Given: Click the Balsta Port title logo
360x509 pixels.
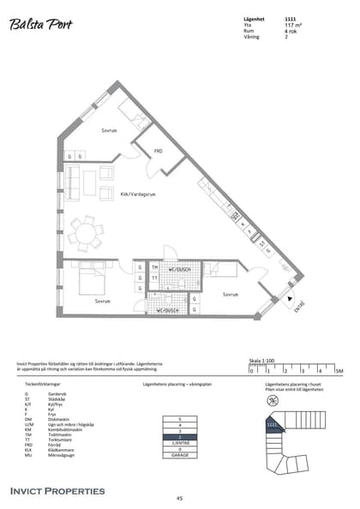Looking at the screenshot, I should [42, 26].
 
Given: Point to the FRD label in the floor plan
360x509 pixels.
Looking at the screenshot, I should [159, 151].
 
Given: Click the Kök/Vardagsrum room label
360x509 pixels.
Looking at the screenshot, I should [137, 195].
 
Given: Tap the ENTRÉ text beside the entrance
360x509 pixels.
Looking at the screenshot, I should [298, 307].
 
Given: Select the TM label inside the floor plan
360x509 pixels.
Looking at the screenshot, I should [154, 266].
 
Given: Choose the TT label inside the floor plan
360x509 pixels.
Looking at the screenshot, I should [154, 278].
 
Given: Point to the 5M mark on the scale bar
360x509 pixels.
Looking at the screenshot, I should [339, 371].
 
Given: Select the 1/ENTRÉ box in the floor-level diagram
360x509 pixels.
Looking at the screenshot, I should [180, 442].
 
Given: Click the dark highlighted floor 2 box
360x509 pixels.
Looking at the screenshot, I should [180, 436].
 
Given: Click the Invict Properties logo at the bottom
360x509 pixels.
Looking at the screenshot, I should [57, 491].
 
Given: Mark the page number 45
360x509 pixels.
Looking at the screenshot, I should [179, 498].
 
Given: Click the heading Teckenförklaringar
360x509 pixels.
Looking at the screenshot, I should [43, 385].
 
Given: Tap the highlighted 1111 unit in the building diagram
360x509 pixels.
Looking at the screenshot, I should [272, 423].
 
